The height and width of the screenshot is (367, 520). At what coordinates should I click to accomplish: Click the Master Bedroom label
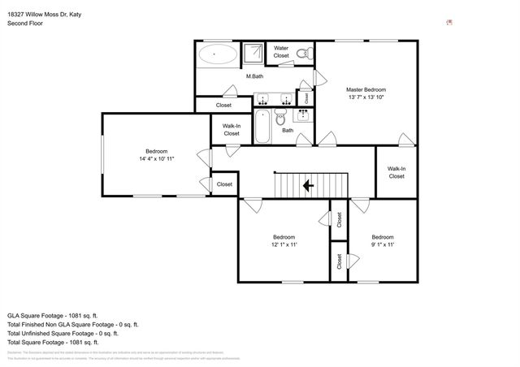click(366, 89)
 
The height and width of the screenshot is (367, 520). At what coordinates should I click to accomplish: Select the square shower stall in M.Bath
click(254, 52)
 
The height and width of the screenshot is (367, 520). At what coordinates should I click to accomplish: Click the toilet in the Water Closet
click(304, 54)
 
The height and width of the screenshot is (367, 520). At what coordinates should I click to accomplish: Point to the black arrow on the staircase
click(309, 185)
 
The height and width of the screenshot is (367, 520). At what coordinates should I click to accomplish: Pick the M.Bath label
click(254, 76)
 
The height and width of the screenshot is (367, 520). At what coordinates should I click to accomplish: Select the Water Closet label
click(281, 52)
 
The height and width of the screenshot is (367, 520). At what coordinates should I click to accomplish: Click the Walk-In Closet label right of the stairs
click(396, 172)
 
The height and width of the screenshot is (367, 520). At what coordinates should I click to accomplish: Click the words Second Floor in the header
click(25, 24)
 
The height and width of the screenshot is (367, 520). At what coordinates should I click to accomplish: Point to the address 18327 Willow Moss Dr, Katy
click(44, 15)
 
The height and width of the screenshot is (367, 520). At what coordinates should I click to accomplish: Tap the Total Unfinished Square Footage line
click(63, 333)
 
